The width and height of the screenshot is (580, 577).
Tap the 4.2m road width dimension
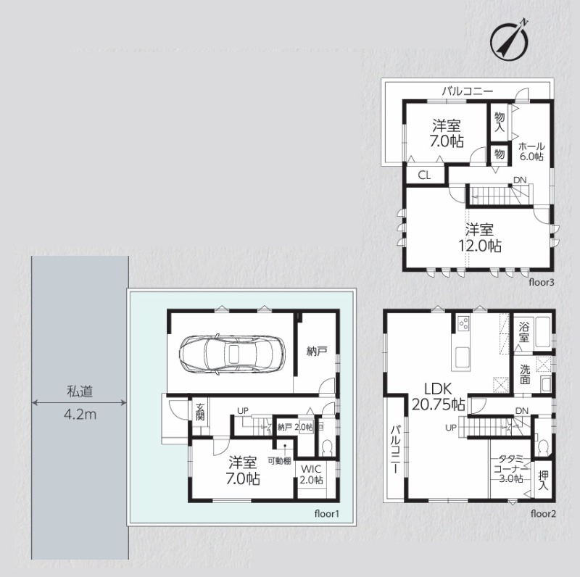[80, 415]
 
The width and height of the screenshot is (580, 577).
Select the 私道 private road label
[80, 391]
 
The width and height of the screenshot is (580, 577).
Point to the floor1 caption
[327, 514]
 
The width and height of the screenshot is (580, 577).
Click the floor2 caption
[543, 514]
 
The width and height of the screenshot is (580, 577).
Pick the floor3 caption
[542, 283]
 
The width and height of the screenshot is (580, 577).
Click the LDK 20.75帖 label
[438, 397]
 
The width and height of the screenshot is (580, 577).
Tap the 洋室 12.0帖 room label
[480, 238]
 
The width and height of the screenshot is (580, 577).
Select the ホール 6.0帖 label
[531, 151]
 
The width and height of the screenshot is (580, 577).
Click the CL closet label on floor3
[424, 175]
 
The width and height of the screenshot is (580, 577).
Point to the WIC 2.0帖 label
[311, 475]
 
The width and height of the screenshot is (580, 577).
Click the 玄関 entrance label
[200, 412]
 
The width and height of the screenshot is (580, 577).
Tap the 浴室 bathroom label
[523, 332]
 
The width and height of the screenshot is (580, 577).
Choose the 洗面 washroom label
[524, 375]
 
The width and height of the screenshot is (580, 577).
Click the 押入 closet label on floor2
[543, 480]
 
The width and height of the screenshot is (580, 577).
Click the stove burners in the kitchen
[463, 324]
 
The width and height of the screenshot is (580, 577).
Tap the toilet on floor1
[327, 448]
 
